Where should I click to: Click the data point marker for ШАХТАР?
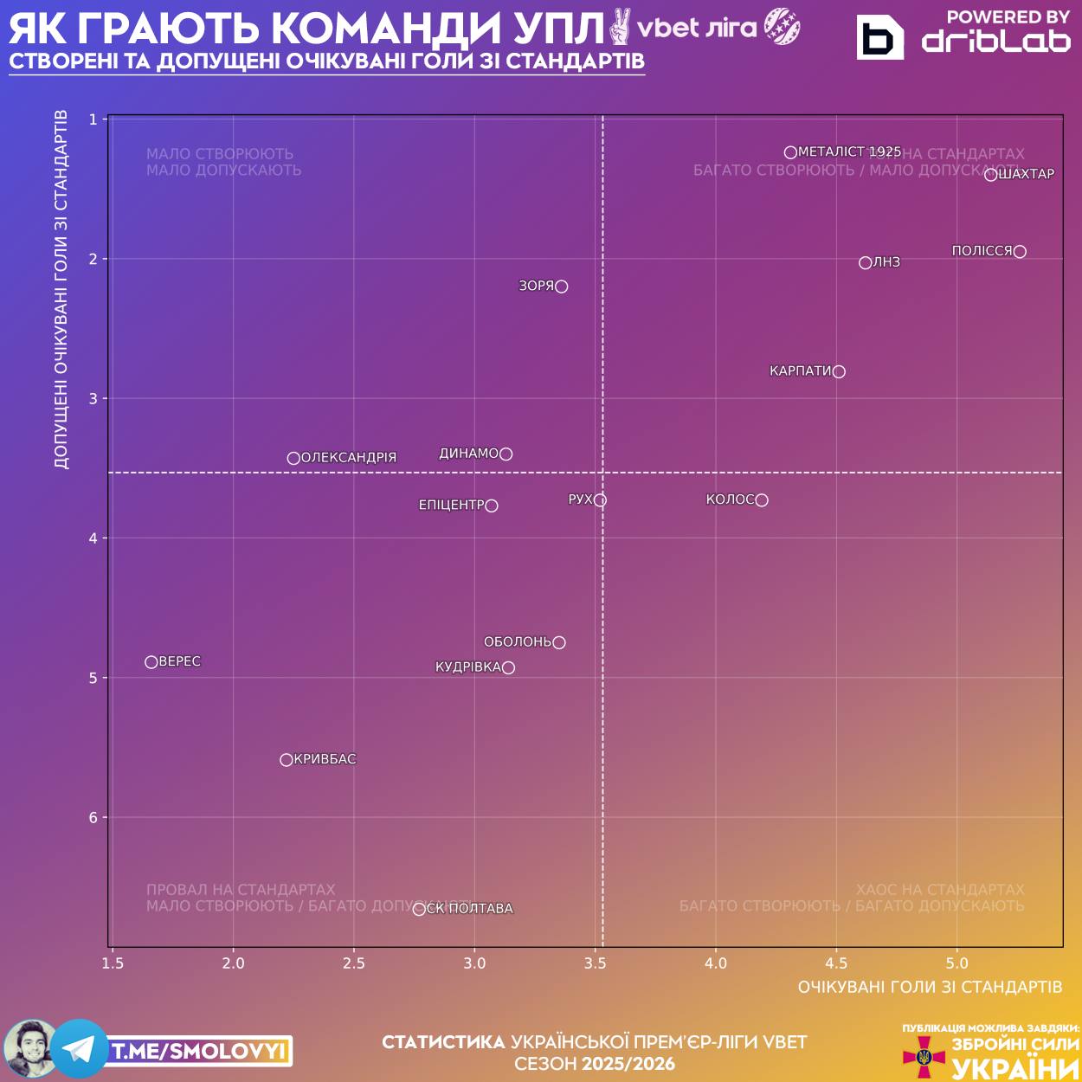tap(990, 175)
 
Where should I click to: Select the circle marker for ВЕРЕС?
tap(151, 662)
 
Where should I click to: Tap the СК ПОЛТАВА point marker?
tap(419, 909)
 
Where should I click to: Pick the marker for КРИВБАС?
tap(287, 760)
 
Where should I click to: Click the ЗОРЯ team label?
tap(536, 286)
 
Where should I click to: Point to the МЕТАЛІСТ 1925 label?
tap(849, 151)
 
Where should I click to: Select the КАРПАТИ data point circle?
tap(839, 371)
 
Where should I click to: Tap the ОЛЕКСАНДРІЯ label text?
tap(349, 458)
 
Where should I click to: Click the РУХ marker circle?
tap(600, 500)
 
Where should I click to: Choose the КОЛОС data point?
tap(762, 500)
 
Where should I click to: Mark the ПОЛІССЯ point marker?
tap(1020, 252)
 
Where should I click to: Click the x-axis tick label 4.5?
tap(836, 963)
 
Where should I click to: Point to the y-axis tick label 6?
tap(93, 818)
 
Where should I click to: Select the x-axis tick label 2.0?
tap(233, 963)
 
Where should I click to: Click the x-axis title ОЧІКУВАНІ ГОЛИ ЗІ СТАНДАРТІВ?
tap(930, 987)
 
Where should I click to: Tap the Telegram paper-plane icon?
tap(79, 1049)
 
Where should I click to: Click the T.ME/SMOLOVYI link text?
tap(199, 1052)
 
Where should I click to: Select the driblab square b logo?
tap(879, 38)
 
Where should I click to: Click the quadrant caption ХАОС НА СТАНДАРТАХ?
tap(940, 890)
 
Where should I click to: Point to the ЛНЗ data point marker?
tap(866, 263)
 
